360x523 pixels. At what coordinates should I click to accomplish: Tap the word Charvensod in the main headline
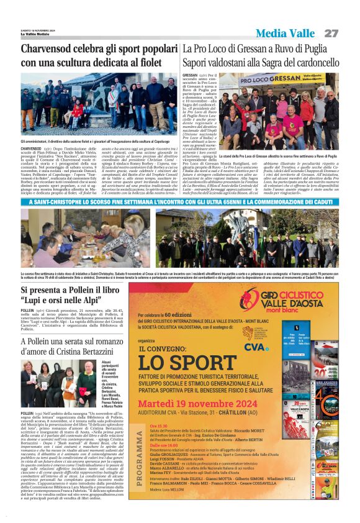(x=49, y=49)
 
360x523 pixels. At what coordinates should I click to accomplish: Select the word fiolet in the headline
(x=148, y=63)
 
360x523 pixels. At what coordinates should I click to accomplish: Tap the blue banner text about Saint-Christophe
(x=180, y=202)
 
